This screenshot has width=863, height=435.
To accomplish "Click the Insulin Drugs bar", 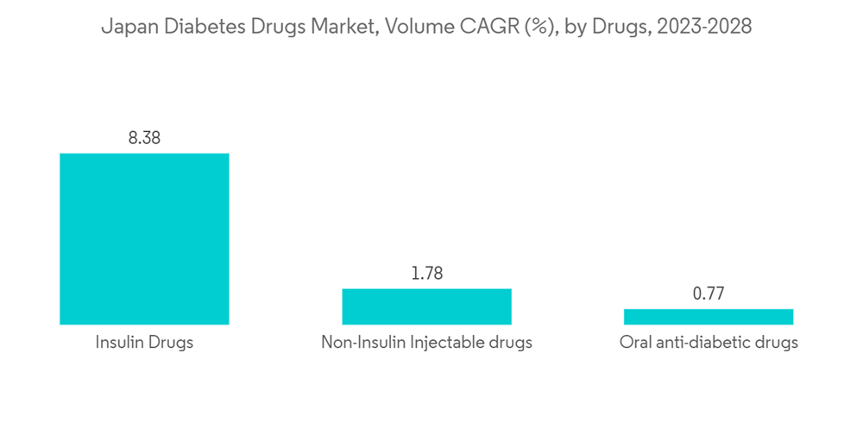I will point(144,239).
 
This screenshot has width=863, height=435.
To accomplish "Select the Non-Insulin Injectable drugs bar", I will point(426,306).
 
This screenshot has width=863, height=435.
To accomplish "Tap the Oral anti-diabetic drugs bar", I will point(709,317).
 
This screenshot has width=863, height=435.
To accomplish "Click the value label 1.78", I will point(426,274).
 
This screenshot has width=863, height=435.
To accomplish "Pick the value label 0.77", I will point(709,293).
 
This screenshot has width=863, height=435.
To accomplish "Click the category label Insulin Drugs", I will point(144,343).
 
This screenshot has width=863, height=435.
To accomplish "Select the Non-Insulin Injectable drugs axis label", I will point(426,343).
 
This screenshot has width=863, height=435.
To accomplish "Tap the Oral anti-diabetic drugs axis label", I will point(709,343).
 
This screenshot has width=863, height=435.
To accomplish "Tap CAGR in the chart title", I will point(479,27).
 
